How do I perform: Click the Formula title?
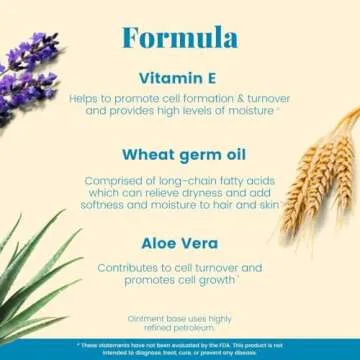[x=179, y=38]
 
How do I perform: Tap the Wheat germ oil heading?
[x=179, y=156]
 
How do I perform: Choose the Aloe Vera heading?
[x=179, y=241]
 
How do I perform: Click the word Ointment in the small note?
[x=147, y=318]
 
